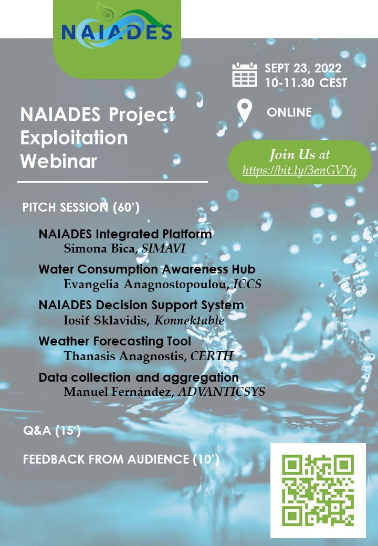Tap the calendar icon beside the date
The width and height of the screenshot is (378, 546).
click(x=245, y=75)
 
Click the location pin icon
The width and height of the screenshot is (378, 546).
click(x=244, y=110)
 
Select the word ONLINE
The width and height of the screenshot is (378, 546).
click(x=289, y=112)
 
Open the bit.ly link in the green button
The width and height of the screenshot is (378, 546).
click(x=299, y=170)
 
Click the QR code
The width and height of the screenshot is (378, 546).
click(x=318, y=490)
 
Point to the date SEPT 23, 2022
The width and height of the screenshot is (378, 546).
click(x=303, y=68)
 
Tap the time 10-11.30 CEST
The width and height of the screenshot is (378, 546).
click(x=306, y=83)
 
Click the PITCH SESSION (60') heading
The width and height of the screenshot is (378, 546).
click(x=81, y=207)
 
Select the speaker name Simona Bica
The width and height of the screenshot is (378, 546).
click(x=99, y=248)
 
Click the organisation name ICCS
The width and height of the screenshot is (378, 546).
click(x=247, y=284)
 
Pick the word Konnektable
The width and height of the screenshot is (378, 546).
click(x=190, y=320)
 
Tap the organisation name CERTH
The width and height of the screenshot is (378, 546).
click(x=212, y=356)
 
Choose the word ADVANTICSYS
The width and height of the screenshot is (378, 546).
click(x=222, y=392)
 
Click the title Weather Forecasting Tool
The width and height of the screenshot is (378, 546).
click(x=115, y=341)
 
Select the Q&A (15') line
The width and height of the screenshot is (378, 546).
click(x=52, y=430)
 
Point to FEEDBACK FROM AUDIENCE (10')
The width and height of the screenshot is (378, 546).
click(x=121, y=459)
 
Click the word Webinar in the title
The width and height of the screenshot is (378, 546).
click(x=58, y=161)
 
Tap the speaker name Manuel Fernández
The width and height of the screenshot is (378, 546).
click(x=118, y=392)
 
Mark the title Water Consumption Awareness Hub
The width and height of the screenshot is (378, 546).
click(x=147, y=269)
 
